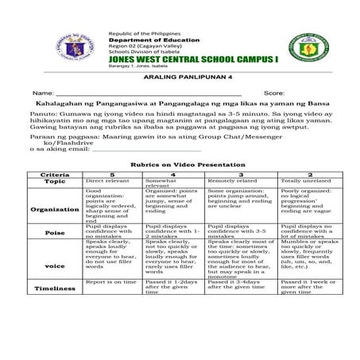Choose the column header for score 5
coord(112,173)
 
